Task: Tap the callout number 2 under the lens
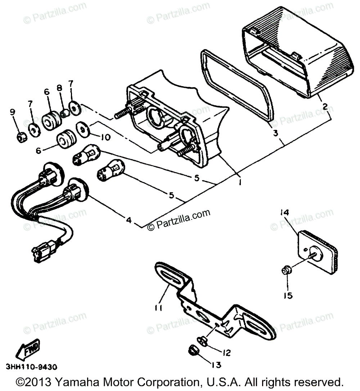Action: point(325,106)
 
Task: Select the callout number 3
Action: point(275,133)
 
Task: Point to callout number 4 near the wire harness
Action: point(129,219)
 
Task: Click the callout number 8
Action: point(60,88)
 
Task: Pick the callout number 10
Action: point(97,137)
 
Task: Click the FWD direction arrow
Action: point(26,349)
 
